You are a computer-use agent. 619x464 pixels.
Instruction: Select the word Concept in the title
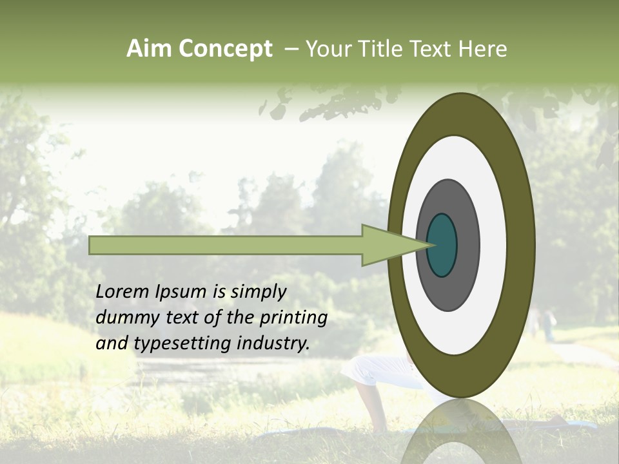pyautogui.click(x=225, y=49)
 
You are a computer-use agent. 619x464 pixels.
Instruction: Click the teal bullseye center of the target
pyautogui.click(x=442, y=246)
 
